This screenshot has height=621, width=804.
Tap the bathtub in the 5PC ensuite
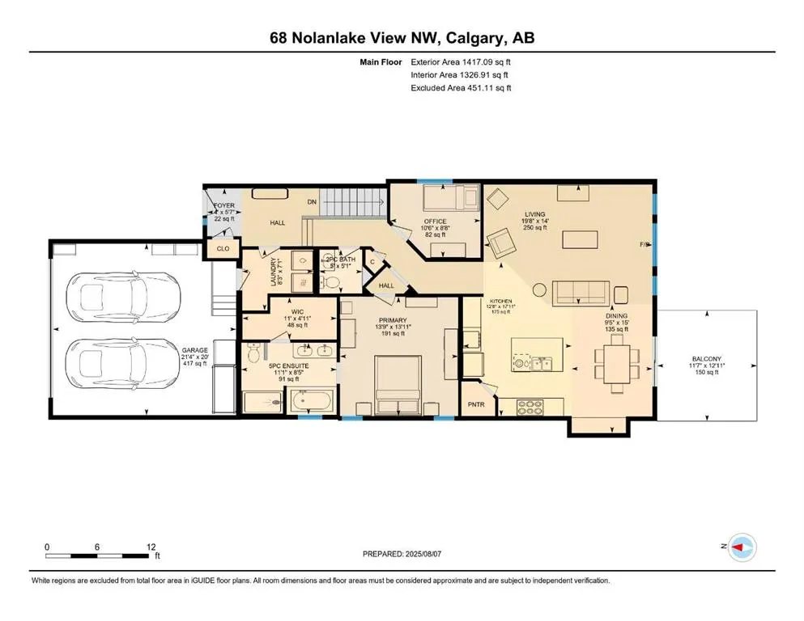click(311, 400)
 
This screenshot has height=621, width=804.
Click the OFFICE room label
click(435, 222)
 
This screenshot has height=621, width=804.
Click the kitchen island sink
click(533, 363)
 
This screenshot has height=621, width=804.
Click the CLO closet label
click(222, 250)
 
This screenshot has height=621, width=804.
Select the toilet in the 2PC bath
click(332, 283)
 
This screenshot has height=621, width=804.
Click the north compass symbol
click(740, 549)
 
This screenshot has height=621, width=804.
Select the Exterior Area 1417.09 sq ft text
click(461, 61)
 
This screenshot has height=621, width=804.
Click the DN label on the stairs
click(311, 202)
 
